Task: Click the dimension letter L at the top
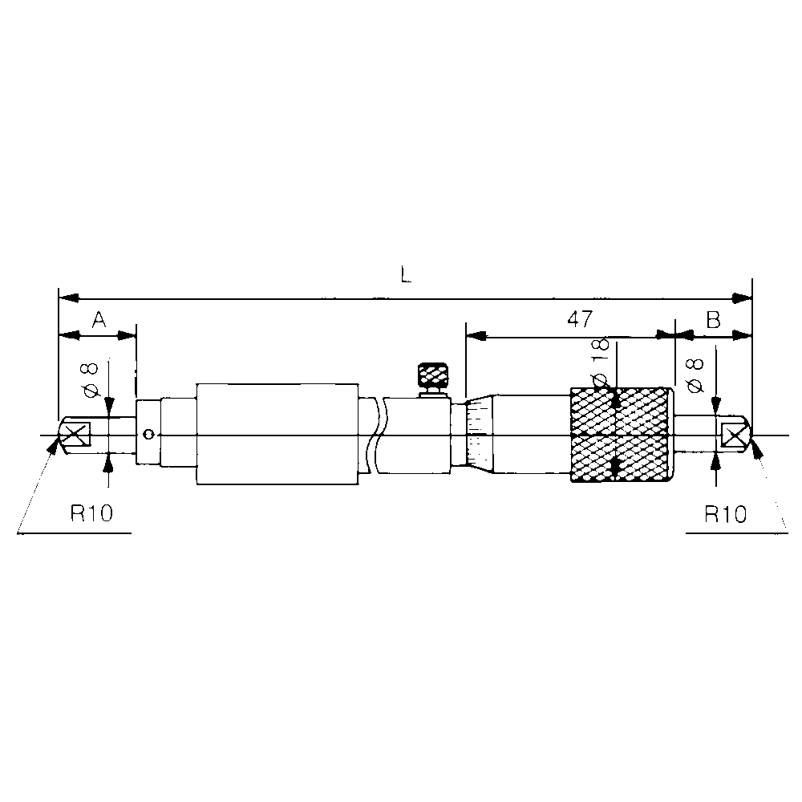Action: [x=406, y=275]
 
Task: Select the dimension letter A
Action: [x=99, y=320]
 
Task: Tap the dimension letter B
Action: [x=713, y=320]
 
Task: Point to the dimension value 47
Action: [x=579, y=319]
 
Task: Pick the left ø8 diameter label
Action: [x=91, y=379]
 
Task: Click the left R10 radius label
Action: [x=90, y=514]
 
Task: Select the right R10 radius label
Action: [x=725, y=514]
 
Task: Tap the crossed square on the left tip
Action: [x=75, y=435]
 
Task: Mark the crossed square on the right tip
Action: [x=734, y=435]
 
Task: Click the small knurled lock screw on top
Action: [x=433, y=375]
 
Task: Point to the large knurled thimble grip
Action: [x=618, y=435]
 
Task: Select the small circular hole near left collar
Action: [x=147, y=435]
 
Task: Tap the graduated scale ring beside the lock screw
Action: [x=478, y=434]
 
